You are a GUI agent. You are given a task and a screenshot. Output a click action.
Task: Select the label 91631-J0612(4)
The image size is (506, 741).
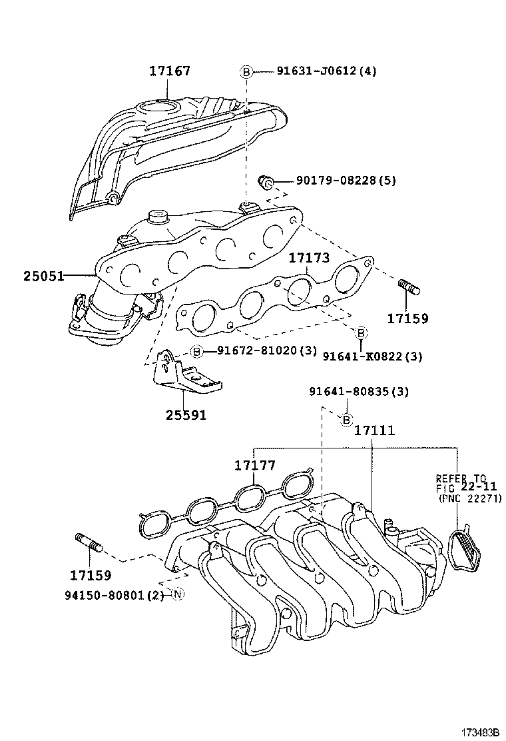(x=326, y=71)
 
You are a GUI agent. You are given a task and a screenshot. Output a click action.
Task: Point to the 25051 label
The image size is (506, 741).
(x=38, y=275)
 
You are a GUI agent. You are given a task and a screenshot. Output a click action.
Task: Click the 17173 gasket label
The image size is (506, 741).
(x=308, y=258)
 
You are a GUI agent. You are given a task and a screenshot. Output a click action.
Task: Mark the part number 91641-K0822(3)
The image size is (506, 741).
(x=372, y=357)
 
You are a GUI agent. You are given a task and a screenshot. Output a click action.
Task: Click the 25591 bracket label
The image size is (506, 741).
(x=186, y=414)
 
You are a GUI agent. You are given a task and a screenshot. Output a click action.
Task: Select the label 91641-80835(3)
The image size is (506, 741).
(x=359, y=392)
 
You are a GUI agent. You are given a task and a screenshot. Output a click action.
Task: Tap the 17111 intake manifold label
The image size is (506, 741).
(x=374, y=430)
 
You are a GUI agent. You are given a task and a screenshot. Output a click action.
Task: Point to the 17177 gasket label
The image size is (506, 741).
(x=254, y=465)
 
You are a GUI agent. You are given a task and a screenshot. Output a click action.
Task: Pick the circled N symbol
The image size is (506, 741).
(x=176, y=594)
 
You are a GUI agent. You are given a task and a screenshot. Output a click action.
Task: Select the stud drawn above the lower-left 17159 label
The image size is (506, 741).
(x=89, y=543)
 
